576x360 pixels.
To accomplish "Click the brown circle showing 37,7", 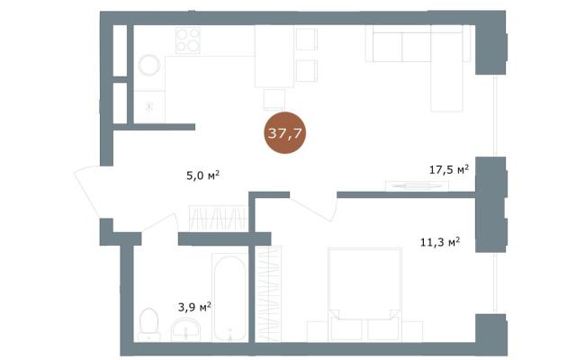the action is tap(285, 132).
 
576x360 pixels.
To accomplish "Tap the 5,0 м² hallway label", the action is tap(202, 175).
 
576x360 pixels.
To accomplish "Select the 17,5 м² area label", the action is tap(449, 169).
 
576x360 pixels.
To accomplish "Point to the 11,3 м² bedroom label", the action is tap(440, 242).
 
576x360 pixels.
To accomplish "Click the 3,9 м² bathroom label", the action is tap(194, 307).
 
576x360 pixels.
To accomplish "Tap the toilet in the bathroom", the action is tap(148, 324).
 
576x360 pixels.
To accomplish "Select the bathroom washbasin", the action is tap(186, 330).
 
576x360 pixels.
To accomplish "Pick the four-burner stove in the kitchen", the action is tap(188, 40).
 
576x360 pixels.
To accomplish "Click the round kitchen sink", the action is tap(149, 66).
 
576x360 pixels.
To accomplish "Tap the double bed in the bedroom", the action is tap(364, 294).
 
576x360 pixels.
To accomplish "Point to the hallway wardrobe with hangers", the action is tap(218, 219).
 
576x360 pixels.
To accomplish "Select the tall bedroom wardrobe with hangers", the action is tap(268, 294).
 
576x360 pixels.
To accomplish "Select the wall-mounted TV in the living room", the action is tap(417, 186).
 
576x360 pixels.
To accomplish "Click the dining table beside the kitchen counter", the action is tap(274, 56).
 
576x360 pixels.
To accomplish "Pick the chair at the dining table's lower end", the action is tap(274, 99).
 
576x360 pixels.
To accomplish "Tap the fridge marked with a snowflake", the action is tap(149, 106).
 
